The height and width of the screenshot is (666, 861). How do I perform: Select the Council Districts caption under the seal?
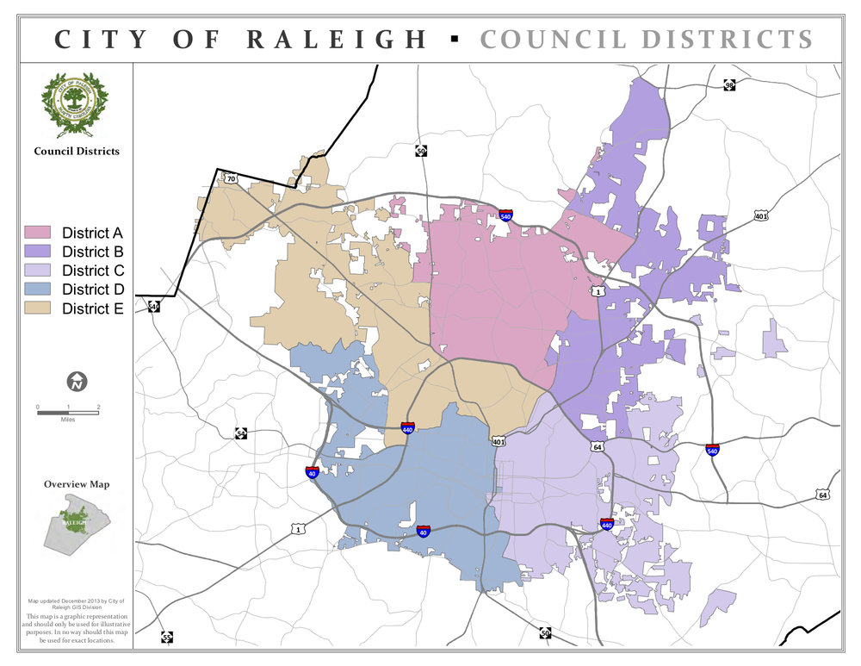[77, 151]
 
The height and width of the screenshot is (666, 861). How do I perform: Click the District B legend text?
[92, 252]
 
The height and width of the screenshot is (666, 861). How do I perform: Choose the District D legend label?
[92, 289]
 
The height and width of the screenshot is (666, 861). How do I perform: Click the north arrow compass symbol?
[77, 381]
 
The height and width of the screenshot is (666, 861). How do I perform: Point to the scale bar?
[68, 413]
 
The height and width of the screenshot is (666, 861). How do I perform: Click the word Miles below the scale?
[68, 420]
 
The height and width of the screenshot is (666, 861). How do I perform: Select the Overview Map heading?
[77, 484]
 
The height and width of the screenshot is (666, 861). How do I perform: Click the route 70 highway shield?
[231, 178]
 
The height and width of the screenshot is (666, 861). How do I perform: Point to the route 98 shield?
[728, 85]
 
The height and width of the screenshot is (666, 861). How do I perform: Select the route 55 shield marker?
[166, 638]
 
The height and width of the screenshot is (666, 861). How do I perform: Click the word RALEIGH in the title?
[337, 40]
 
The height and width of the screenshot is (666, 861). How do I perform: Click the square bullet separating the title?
[454, 39]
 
